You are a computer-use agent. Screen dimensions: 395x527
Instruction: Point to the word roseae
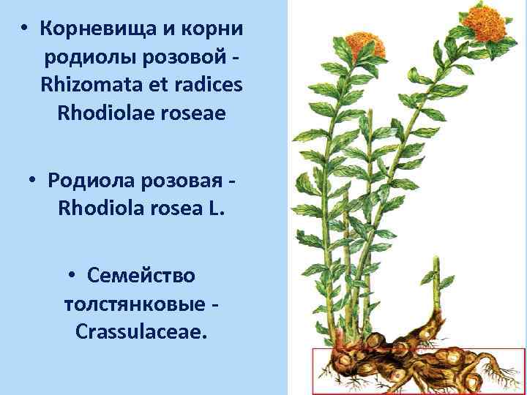pyautogui.click(x=194, y=114)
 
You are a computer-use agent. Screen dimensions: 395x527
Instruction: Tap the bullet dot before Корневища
pyautogui.click(x=24, y=29)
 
